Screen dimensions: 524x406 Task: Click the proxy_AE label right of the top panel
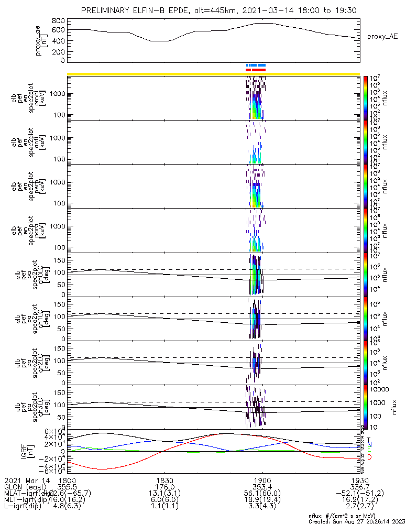pyautogui.click(x=382, y=37)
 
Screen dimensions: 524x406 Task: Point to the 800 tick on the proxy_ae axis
pyautogui.click(x=58, y=20)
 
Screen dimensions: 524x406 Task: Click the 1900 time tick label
pyautogui.click(x=262, y=480)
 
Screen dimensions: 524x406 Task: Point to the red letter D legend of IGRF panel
pyautogui.click(x=369, y=457)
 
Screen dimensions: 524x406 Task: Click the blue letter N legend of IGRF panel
pyautogui.click(x=369, y=444)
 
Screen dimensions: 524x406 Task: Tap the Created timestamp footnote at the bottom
pyautogui.click(x=356, y=521)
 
